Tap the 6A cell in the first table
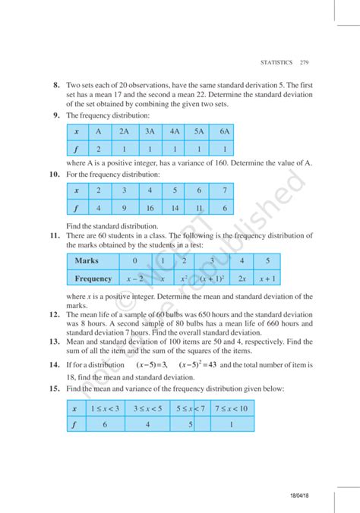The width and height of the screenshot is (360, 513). (x=224, y=131)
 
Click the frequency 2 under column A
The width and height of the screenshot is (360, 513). (x=98, y=149)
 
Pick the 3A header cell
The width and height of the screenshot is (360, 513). (x=150, y=131)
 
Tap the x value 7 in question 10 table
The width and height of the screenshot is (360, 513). (x=224, y=190)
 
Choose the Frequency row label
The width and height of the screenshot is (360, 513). (x=93, y=279)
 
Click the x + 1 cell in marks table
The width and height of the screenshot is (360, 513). (x=267, y=279)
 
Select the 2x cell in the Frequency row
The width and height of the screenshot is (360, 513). (x=242, y=279)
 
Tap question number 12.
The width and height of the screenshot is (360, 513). (x=55, y=313)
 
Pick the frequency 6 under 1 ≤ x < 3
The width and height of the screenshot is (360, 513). (x=104, y=426)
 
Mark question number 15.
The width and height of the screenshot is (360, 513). (x=55, y=388)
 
